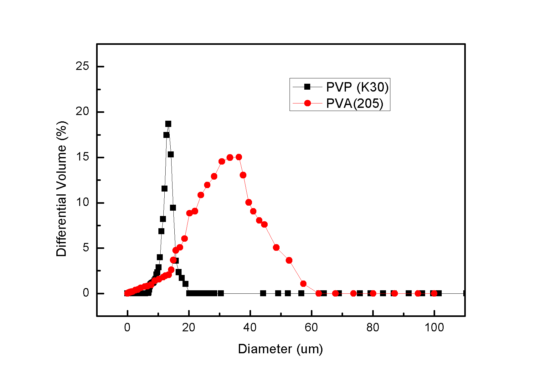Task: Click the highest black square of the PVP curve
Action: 168,124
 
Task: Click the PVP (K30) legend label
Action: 357,87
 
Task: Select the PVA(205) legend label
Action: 355,103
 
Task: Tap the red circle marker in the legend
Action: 307,103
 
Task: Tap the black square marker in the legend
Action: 307,87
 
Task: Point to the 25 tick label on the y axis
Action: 82,66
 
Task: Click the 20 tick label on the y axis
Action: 82,112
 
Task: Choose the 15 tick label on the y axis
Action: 82,157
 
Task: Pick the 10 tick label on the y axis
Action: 82,203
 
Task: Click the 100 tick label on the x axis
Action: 434,328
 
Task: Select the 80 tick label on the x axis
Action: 373,328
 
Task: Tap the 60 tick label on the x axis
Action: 311,328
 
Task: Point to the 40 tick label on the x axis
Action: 250,328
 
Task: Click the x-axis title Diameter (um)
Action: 280,349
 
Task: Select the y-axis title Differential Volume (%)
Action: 61,189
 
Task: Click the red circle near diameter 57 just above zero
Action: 303,284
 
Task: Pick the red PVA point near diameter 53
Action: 289,260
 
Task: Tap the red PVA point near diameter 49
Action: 276,247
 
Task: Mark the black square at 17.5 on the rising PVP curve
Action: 166,135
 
